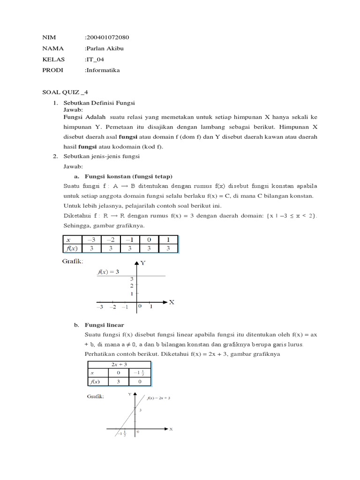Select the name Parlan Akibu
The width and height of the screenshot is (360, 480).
click(105, 48)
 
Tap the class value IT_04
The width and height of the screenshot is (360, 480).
click(95, 60)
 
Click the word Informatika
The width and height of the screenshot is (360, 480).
click(103, 70)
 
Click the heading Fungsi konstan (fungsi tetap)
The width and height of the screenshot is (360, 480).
click(128, 176)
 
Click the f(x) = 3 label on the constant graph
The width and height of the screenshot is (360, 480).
click(108, 271)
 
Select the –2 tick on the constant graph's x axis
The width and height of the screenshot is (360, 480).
click(112, 307)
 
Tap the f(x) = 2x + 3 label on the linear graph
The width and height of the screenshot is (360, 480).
click(158, 398)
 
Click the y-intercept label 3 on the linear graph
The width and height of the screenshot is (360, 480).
click(140, 410)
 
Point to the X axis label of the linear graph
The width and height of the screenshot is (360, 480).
click(171, 429)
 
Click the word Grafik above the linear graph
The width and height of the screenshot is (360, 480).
click(95, 397)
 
